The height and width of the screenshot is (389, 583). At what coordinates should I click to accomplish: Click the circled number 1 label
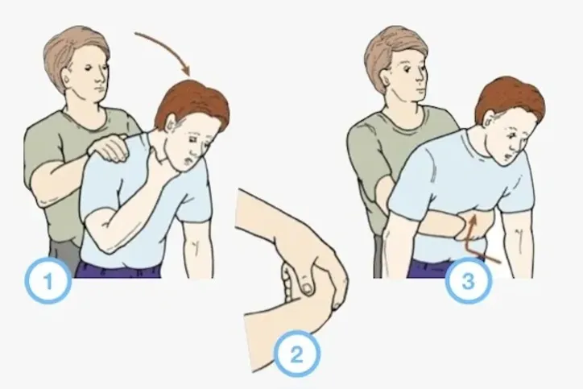[x=49, y=281]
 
